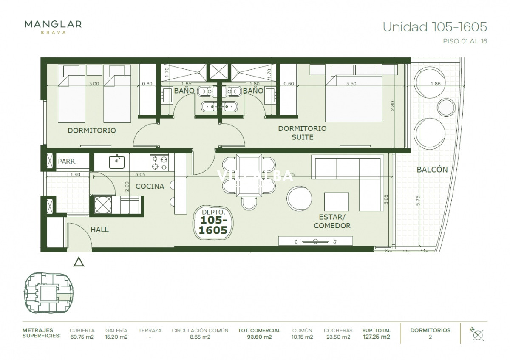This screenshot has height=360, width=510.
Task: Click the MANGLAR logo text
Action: (53, 24)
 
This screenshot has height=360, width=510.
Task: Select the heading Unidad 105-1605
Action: (435, 27)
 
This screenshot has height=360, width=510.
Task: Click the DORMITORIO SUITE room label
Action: (302, 133)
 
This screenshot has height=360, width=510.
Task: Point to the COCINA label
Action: (150, 186)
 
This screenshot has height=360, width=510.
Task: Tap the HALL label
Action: (99, 230)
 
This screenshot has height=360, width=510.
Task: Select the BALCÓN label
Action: (432, 169)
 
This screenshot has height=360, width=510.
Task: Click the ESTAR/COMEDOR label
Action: (332, 221)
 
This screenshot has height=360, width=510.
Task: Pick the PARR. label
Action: (67, 162)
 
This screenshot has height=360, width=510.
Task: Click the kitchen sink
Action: (116, 162)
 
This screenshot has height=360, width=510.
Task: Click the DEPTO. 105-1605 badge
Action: (213, 221)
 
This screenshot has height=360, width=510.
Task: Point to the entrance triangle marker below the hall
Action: (79, 262)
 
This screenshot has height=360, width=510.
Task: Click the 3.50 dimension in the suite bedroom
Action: (351, 84)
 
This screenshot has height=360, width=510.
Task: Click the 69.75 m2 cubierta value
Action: (82, 337)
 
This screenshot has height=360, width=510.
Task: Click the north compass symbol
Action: (477, 334)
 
